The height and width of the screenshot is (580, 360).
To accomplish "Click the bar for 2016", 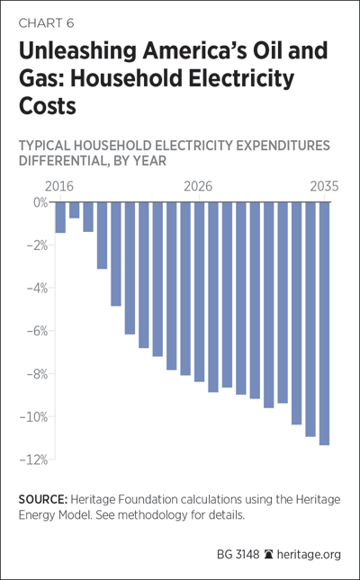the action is click(x=60, y=218).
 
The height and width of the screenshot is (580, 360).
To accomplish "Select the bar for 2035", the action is click(x=324, y=324).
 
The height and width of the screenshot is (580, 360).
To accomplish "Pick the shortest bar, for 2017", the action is click(x=74, y=210).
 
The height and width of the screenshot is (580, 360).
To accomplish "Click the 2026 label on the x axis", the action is click(x=199, y=187).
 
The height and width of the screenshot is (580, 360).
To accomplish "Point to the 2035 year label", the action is click(x=324, y=187).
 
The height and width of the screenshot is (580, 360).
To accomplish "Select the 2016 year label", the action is click(x=59, y=187).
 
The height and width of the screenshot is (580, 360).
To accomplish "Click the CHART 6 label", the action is click(x=46, y=23).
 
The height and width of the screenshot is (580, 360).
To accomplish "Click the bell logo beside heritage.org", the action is click(x=268, y=555).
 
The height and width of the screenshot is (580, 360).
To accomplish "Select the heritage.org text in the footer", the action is click(x=309, y=555).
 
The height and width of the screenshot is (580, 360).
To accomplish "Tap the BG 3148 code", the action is click(x=238, y=555).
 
